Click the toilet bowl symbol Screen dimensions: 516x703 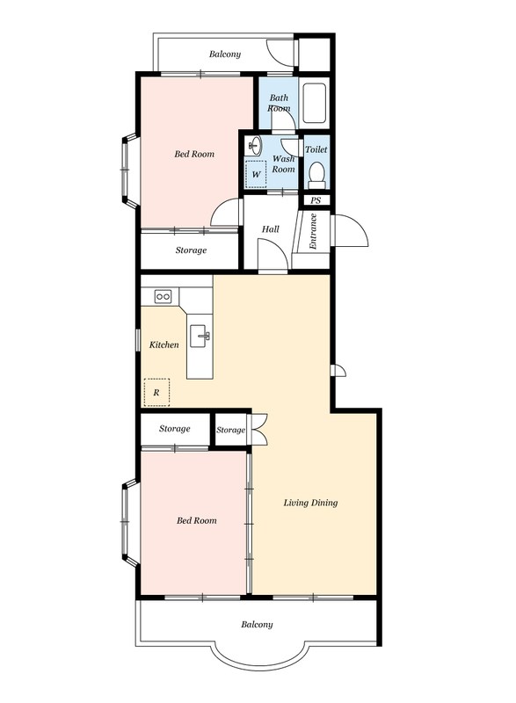pyautogui.click(x=317, y=175)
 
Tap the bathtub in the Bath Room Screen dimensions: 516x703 pyautogui.click(x=314, y=103)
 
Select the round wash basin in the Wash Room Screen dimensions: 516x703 pyautogui.click(x=255, y=145)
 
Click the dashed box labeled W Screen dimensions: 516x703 pyautogui.click(x=256, y=174)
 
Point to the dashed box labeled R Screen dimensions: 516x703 pyautogui.click(x=156, y=392)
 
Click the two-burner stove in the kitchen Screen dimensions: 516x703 pyautogui.click(x=163, y=296)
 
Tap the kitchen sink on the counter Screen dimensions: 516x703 pyautogui.click(x=200, y=337)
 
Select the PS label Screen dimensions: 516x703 pyautogui.click(x=316, y=200)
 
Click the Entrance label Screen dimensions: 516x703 pyautogui.click(x=313, y=231)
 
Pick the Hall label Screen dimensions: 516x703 pyautogui.click(x=271, y=229)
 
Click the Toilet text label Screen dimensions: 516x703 pyautogui.click(x=316, y=149)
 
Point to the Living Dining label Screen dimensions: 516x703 pyautogui.click(x=310, y=503)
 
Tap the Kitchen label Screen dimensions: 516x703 pyautogui.click(x=164, y=344)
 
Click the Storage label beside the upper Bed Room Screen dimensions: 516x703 pyautogui.click(x=191, y=250)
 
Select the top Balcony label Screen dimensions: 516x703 pyautogui.click(x=225, y=54)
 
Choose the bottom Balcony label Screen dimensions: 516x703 pyautogui.click(x=257, y=624)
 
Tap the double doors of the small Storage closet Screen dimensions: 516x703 pyautogui.click(x=259, y=429)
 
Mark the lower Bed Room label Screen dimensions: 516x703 pyautogui.click(x=196, y=520)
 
